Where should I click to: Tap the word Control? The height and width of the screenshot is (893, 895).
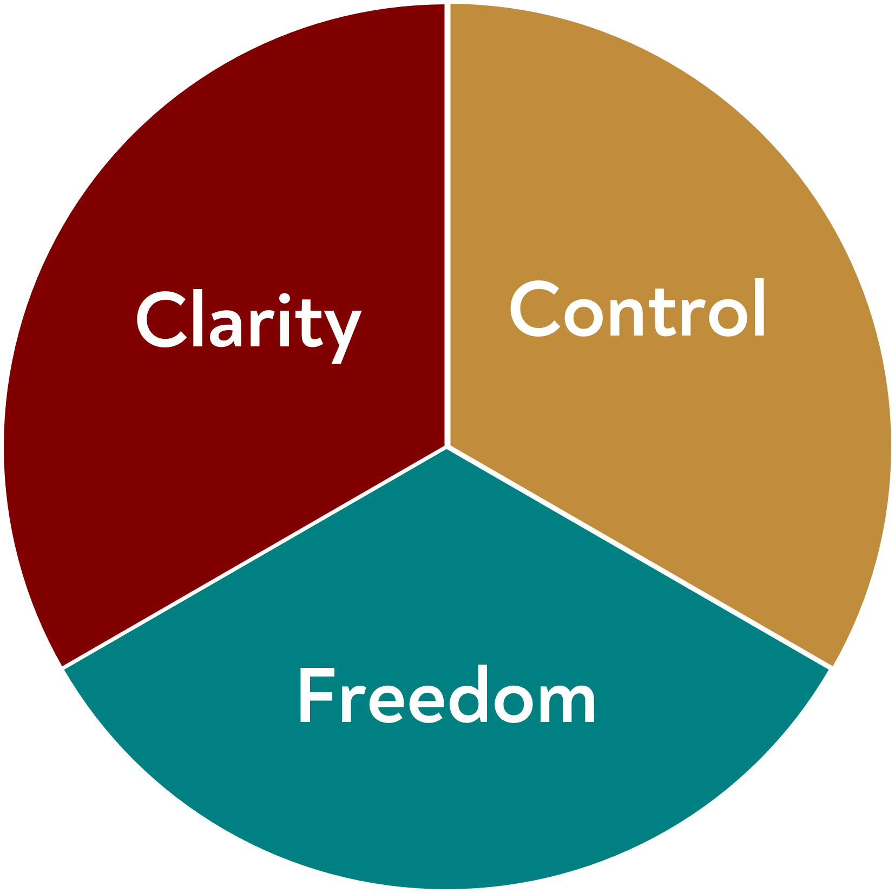pyautogui.click(x=637, y=310)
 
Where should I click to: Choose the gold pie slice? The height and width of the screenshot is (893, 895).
pyautogui.click(x=676, y=460)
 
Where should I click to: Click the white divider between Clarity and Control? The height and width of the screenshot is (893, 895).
pyautogui.click(x=447, y=216)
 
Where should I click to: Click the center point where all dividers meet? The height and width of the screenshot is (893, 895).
pyautogui.click(x=447, y=447)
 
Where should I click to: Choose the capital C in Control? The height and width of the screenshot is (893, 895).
pyautogui.click(x=535, y=309)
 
